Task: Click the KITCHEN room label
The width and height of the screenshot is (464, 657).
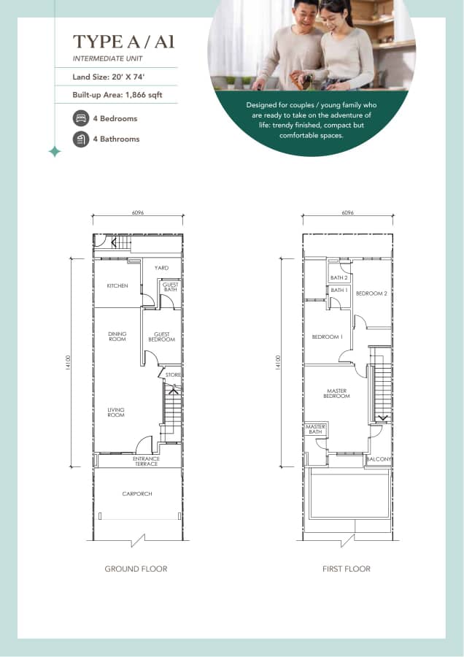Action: point(117,285)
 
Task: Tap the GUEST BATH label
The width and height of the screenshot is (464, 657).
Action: point(171,287)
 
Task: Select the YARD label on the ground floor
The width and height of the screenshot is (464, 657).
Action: point(161,268)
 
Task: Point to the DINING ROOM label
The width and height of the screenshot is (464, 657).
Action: point(117,337)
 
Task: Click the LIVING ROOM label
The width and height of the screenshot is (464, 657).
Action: point(116,412)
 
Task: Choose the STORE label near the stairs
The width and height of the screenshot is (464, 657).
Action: point(173,375)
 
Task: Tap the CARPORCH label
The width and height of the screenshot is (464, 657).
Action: point(137,494)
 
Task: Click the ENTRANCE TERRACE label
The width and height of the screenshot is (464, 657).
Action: point(146,461)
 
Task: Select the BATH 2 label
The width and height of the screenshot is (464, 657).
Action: point(339,278)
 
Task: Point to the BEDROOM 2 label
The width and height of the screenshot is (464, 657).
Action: point(371,293)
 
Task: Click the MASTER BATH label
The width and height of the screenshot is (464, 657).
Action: point(316,429)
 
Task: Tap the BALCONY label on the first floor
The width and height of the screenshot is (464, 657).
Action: point(379,459)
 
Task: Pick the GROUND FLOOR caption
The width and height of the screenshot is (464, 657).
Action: point(136,569)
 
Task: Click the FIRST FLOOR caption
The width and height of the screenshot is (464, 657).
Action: point(347,569)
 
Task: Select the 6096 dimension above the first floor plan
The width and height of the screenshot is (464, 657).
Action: point(347,213)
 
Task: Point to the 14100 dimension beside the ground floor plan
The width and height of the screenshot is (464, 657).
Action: point(68,362)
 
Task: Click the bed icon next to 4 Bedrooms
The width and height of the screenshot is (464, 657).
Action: point(81,118)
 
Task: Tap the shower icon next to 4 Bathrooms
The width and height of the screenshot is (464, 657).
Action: point(81,139)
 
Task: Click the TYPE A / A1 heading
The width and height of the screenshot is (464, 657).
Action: point(123,42)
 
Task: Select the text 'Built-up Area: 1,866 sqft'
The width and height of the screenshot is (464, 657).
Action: point(117,95)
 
